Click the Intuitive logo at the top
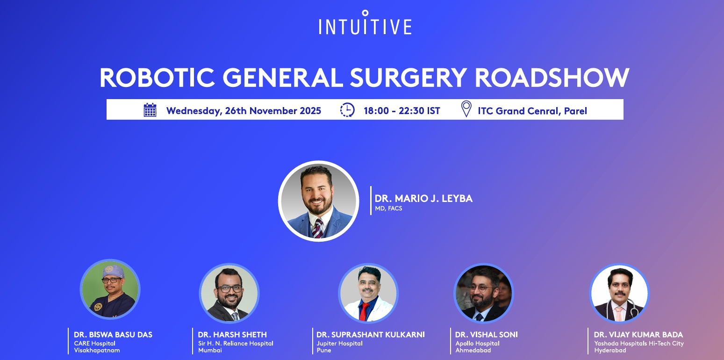click(365, 22)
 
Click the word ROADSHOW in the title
click(552, 78)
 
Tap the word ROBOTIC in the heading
click(157, 78)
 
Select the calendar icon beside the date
click(150, 110)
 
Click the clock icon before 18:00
click(347, 110)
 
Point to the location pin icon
click(466, 108)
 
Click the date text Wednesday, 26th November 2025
click(244, 111)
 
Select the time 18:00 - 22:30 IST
click(402, 111)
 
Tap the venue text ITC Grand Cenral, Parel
click(532, 111)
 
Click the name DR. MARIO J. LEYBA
click(423, 198)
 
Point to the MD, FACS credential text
click(388, 209)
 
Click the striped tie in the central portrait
click(317, 228)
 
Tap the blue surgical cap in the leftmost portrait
click(113, 272)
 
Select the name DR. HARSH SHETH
click(232, 335)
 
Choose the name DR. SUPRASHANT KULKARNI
click(370, 335)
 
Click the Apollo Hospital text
click(477, 344)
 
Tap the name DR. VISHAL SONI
click(487, 335)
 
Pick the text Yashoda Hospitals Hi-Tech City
click(639, 344)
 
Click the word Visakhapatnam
click(97, 350)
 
